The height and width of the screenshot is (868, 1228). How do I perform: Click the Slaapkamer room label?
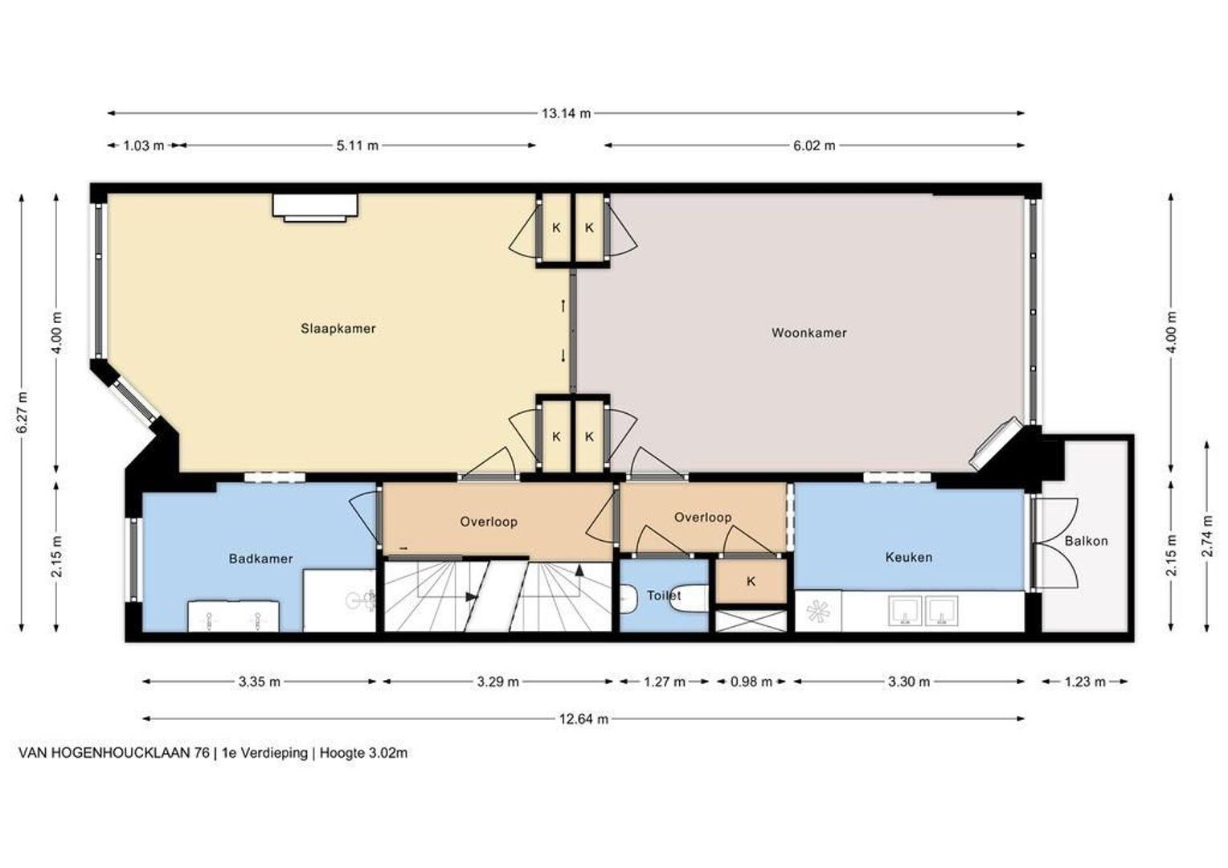point(338,329)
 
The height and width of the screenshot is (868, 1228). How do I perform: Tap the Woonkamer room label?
point(808,333)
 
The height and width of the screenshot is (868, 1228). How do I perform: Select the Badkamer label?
point(260,559)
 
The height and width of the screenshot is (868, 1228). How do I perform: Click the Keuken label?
point(908,558)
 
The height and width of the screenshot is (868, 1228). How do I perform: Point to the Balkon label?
point(1086,541)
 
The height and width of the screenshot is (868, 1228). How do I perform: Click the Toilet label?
point(663,596)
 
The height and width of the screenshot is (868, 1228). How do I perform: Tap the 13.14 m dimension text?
point(567,113)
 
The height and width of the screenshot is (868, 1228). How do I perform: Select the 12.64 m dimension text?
point(583,719)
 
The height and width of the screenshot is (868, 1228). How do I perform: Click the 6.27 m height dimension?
point(23,411)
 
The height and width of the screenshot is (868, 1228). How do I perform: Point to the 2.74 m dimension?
point(1206,537)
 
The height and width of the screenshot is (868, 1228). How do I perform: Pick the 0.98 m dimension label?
point(751,682)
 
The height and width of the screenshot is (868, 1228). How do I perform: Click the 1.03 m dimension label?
point(143,145)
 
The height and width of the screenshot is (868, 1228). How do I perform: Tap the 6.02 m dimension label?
point(814,145)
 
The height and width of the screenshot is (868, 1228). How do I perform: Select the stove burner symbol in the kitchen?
point(817,611)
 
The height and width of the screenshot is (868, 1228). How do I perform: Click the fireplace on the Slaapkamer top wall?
point(315,207)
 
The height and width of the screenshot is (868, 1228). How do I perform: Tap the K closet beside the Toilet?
point(751,581)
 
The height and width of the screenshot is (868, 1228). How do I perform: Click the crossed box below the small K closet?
point(751,620)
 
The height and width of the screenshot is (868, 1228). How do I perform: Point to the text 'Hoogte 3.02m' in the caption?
point(363,753)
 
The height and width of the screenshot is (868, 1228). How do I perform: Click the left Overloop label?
point(489,522)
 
